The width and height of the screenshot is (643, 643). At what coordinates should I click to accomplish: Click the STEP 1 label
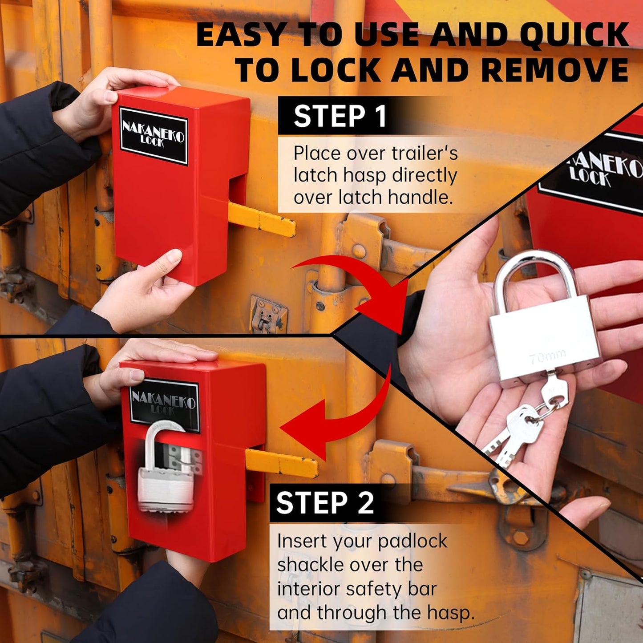(x=340, y=117)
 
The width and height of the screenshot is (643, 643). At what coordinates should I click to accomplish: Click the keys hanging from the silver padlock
(x=521, y=427)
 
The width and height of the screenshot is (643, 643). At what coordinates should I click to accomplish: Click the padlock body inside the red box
(x=166, y=489)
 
